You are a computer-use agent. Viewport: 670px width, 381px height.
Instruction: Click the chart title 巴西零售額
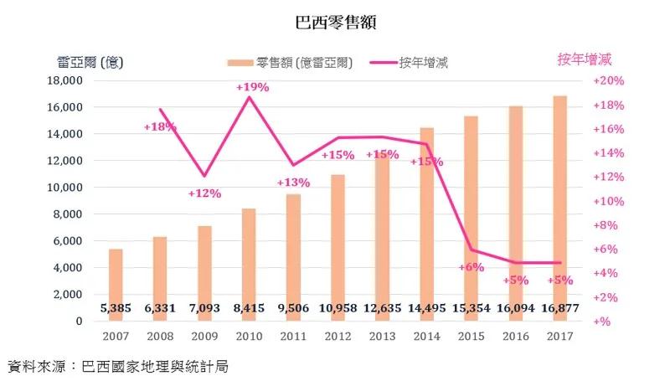click(336, 23)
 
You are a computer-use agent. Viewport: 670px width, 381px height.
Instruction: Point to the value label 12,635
click(382, 308)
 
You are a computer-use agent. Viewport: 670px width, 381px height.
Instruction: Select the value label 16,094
click(516, 308)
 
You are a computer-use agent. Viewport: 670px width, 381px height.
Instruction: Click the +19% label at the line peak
click(252, 87)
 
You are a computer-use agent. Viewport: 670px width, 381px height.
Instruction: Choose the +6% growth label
click(472, 266)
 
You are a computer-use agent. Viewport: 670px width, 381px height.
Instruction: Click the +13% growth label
click(294, 183)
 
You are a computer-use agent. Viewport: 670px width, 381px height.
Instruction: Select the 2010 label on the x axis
click(250, 337)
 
